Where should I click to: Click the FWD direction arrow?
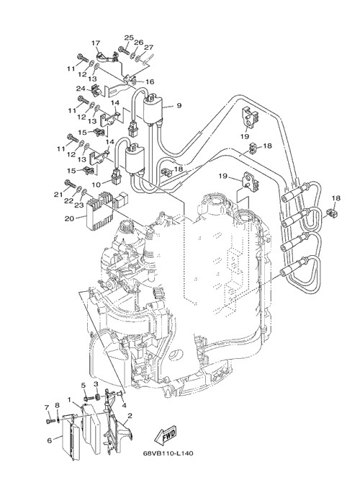tap(164, 435)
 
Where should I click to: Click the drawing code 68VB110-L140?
tap(168, 453)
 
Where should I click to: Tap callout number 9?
tap(179, 105)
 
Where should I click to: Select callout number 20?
tap(69, 218)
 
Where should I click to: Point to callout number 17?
tap(96, 43)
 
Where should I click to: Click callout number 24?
tap(81, 89)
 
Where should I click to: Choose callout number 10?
tap(96, 184)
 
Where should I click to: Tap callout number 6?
tap(49, 440)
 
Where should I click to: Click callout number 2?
tap(130, 415)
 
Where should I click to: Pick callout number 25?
tap(129, 37)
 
